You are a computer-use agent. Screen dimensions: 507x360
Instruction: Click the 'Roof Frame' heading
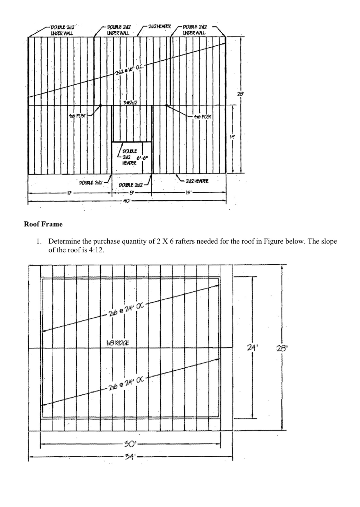coord(43,224)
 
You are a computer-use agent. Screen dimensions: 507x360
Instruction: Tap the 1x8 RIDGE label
coord(117,343)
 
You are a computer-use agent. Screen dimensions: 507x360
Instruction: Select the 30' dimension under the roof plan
coord(130,444)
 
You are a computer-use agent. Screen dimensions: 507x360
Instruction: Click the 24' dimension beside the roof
coord(252,348)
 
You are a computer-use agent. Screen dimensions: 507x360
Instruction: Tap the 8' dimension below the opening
coord(132,193)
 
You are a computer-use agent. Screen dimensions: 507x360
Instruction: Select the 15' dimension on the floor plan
coord(188,193)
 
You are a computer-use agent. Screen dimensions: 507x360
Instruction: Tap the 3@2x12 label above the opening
coord(130,103)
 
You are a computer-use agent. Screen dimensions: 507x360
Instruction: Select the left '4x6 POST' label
coord(77,116)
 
